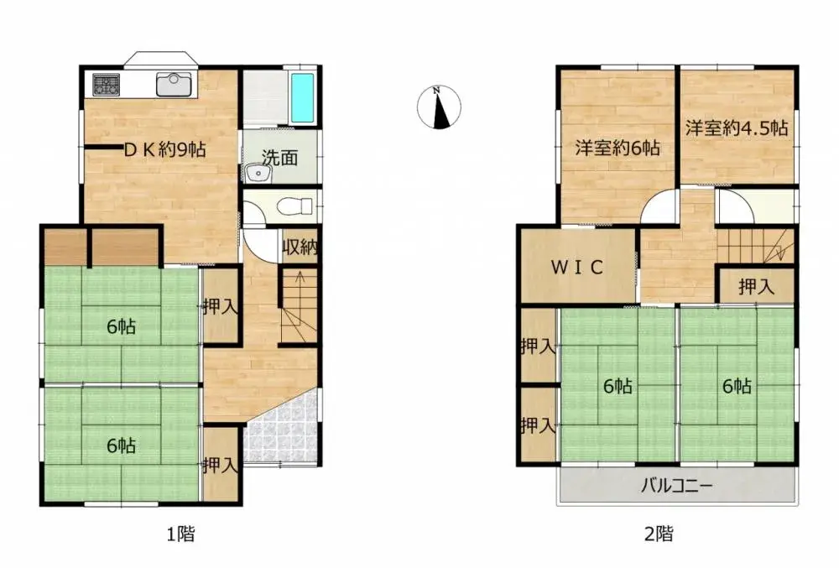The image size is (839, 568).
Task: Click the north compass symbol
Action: click(x=439, y=108)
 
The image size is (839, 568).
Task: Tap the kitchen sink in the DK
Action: click(x=174, y=84)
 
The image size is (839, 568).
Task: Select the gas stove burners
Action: click(x=107, y=84)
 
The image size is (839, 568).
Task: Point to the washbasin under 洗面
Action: click(x=258, y=174)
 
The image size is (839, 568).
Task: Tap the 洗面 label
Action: click(x=279, y=157)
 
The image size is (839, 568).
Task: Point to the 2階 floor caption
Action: click(x=659, y=533)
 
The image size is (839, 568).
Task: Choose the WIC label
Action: click(x=577, y=267)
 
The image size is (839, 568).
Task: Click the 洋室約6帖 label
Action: click(x=618, y=149)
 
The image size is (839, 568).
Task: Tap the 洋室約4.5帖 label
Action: click(x=736, y=128)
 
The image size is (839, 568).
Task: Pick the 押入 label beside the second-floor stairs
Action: click(x=756, y=287)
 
